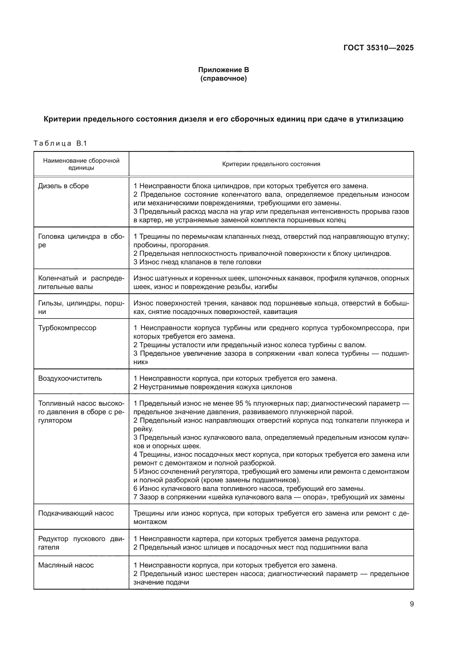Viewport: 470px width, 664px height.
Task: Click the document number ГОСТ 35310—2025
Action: (378, 48)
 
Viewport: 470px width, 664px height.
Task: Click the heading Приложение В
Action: (223, 70)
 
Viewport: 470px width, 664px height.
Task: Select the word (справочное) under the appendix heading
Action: (223, 78)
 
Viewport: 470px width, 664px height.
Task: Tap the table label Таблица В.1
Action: (60, 143)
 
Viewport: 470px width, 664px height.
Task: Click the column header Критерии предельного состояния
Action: (271, 164)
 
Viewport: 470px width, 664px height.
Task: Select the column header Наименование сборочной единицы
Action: (81, 164)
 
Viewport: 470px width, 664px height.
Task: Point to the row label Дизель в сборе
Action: (63, 186)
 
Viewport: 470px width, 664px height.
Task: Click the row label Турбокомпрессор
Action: (67, 328)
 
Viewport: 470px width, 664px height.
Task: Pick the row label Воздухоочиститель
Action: (70, 378)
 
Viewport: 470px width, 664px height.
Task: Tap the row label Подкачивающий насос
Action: (76, 513)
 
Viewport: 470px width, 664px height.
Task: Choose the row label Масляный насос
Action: (66, 565)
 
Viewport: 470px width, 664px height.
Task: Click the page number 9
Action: (411, 604)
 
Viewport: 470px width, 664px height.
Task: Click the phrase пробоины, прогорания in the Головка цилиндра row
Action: (171, 245)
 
